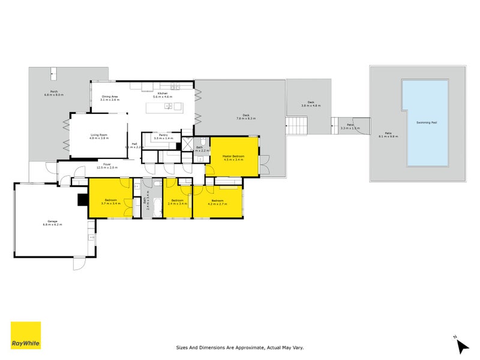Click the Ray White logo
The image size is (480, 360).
tap(26, 336)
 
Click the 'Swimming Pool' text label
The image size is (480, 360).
tap(427, 123)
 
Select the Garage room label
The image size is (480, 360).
tap(52, 221)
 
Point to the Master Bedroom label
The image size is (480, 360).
tap(233, 157)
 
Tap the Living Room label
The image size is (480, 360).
tap(98, 136)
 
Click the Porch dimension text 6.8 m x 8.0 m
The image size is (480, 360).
tap(53, 95)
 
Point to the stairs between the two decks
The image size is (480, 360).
tap(298, 126)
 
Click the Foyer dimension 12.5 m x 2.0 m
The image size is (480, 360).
tap(107, 167)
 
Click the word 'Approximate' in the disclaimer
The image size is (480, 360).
tap(256, 347)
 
